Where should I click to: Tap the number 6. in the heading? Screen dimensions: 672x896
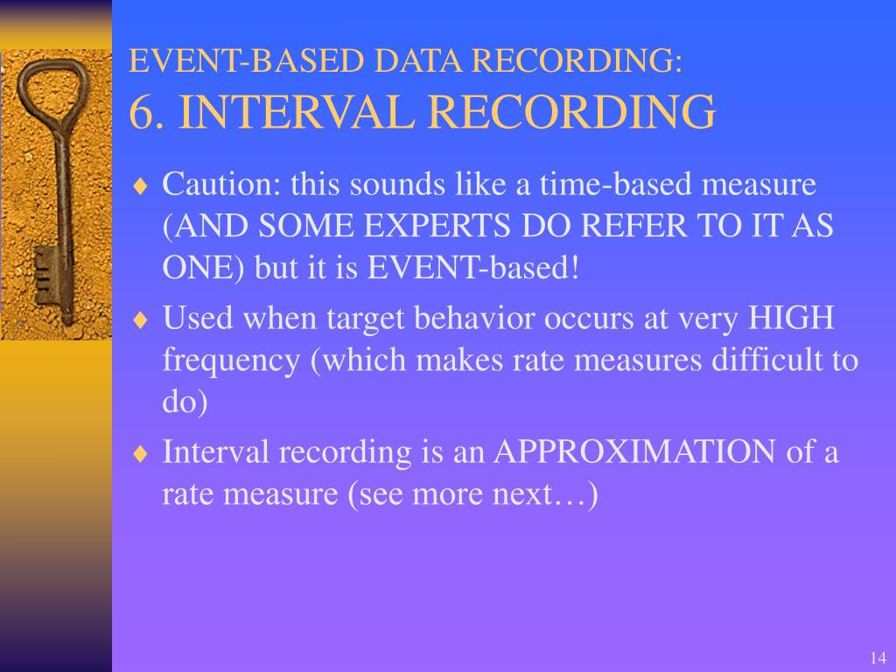(x=148, y=112)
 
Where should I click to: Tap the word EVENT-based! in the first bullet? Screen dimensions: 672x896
(x=473, y=267)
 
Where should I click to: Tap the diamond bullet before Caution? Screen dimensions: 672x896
(x=142, y=185)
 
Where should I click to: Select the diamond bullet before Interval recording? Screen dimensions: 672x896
(x=142, y=453)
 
